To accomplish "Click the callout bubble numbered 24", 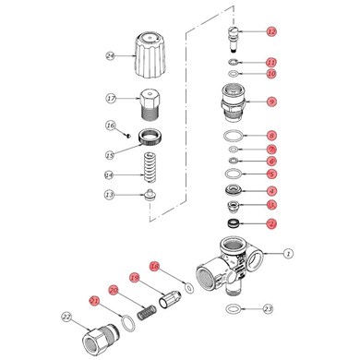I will (111, 55).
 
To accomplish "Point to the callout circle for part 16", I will (111, 126).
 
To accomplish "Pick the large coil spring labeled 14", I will (149, 169).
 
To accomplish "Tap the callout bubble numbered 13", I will (111, 195).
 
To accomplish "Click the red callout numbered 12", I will (271, 32).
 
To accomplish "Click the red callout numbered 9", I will (271, 101).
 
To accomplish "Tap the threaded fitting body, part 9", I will (233, 102).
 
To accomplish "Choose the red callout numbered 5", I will (271, 173).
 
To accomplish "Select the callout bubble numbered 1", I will (287, 252).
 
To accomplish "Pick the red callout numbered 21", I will (93, 300).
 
